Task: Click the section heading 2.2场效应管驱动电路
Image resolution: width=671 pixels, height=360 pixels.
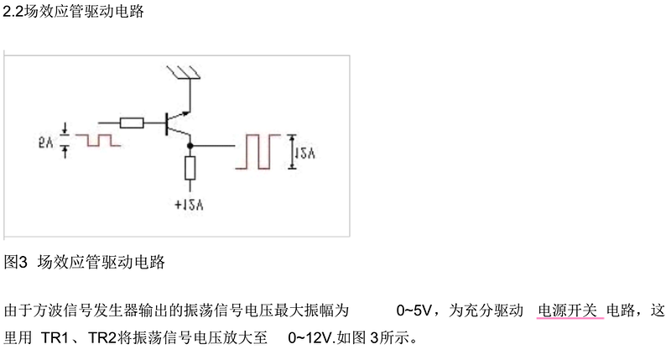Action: point(73,11)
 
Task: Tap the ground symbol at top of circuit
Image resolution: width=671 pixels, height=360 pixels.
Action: point(184,72)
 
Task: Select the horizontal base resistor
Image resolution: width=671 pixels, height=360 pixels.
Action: point(132,123)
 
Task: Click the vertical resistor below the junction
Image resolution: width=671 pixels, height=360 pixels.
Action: point(190,168)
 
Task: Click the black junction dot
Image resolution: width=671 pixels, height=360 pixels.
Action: point(190,146)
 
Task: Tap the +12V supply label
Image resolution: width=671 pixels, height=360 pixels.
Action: point(189,205)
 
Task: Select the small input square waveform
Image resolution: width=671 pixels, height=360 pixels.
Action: point(98,140)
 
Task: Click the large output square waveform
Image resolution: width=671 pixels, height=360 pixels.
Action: point(258,152)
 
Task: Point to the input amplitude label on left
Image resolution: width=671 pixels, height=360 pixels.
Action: point(45,142)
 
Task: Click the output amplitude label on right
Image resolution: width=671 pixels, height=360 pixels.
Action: point(305,153)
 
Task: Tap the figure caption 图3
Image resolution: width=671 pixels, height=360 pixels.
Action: point(15,262)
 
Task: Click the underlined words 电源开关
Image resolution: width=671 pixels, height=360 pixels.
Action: point(568,310)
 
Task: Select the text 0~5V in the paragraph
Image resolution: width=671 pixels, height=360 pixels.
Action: point(414,310)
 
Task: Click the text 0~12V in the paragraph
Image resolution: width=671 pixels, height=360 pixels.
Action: point(309,338)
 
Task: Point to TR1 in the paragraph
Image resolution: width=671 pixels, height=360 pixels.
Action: point(55,338)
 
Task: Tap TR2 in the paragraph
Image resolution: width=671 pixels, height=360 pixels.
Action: point(102,338)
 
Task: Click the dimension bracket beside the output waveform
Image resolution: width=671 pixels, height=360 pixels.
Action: point(292,152)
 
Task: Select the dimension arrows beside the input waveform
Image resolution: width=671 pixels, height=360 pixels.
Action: point(65,140)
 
